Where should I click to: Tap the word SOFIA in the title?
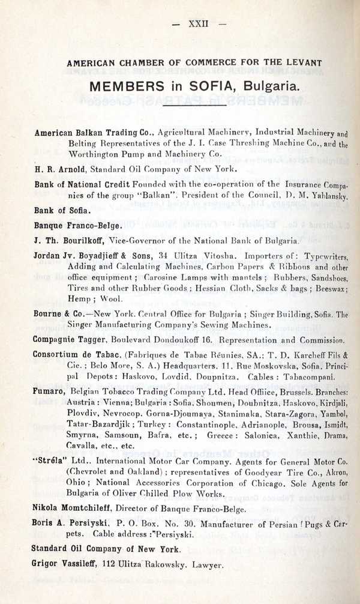point(212,86)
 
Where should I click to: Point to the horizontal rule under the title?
point(202,104)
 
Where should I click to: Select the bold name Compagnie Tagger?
point(70,339)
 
